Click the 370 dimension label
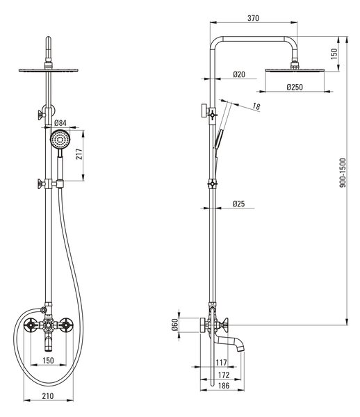pyautogui.click(x=253, y=18)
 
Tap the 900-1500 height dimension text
pyautogui.click(x=343, y=172)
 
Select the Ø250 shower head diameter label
pyautogui.click(x=295, y=87)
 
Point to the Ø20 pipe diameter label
pyautogui.click(x=239, y=74)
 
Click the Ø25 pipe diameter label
pyautogui.click(x=238, y=204)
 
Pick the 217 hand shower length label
pyautogui.click(x=79, y=154)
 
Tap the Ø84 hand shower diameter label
pyautogui.click(x=60, y=123)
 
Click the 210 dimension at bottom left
pyautogui.click(x=48, y=395)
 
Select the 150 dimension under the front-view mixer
pyautogui.click(x=48, y=360)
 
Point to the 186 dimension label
pyautogui.click(x=223, y=385)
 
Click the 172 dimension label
pyautogui.click(x=223, y=375)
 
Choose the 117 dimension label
pyautogui.click(x=221, y=362)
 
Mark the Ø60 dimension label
pyautogui.click(x=174, y=325)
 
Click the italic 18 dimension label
pyautogui.click(x=256, y=106)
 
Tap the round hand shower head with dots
pyautogui.click(x=60, y=140)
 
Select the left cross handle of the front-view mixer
pyautogui.click(x=31, y=325)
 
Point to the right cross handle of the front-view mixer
pyautogui.click(x=65, y=325)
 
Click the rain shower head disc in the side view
pyautogui.click(x=295, y=70)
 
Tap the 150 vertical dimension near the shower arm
pyautogui.click(x=334, y=54)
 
